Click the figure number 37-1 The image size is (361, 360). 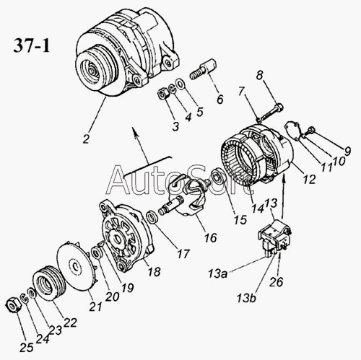[x=32, y=45]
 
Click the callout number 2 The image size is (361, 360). [x=86, y=139]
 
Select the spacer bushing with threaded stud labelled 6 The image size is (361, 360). [x=204, y=69]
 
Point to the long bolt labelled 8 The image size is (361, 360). [x=271, y=111]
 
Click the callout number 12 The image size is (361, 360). [x=309, y=179]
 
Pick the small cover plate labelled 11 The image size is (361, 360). [x=293, y=131]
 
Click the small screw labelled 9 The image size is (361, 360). [x=310, y=131]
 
